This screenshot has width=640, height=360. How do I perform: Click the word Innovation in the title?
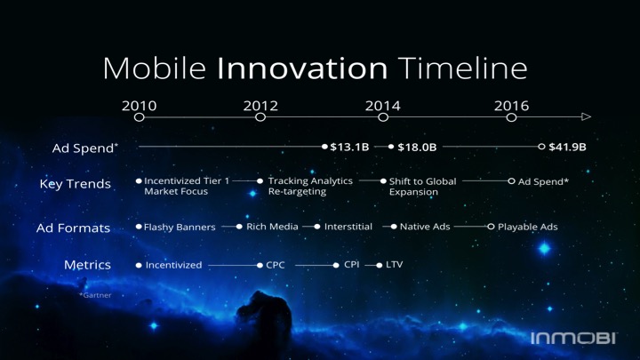[302, 68]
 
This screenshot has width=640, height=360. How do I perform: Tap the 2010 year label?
[140, 106]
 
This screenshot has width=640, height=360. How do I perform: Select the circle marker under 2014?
[383, 117]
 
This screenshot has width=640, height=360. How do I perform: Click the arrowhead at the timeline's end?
[586, 116]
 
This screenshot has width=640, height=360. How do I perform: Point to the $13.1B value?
[349, 147]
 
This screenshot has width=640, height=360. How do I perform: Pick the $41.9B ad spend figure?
[567, 147]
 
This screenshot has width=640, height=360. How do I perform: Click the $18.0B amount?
[417, 147]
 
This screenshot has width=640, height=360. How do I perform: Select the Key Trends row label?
[75, 184]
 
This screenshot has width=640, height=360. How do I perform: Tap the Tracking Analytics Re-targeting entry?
[310, 186]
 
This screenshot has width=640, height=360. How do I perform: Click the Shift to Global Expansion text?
[422, 187]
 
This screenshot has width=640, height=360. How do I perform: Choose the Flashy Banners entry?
[180, 227]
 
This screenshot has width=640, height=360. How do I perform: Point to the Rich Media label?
[272, 227]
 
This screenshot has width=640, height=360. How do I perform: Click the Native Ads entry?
[425, 227]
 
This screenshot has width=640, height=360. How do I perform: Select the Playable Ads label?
[528, 227]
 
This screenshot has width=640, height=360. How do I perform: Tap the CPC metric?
[275, 265]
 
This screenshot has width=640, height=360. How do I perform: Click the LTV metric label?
[395, 265]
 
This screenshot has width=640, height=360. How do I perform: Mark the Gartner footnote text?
[95, 295]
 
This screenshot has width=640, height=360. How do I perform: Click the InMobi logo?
[573, 338]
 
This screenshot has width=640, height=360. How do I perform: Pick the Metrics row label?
[87, 265]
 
